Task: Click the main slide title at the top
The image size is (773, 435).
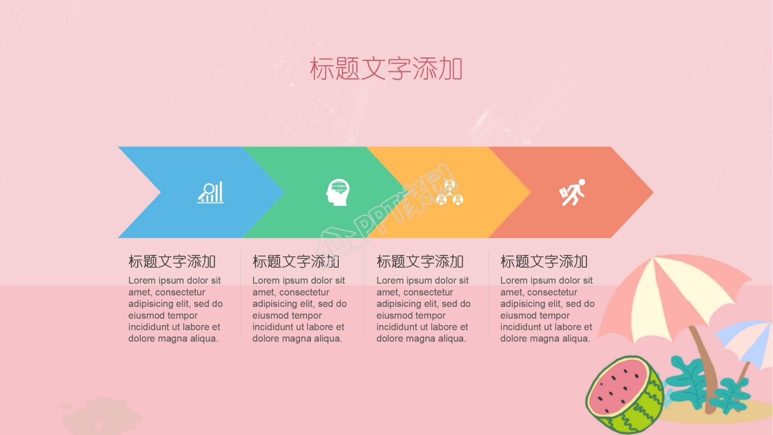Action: (x=386, y=69)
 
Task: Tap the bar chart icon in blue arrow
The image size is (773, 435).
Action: (x=210, y=192)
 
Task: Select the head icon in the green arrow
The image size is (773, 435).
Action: (x=338, y=192)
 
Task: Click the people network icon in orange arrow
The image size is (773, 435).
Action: (x=449, y=192)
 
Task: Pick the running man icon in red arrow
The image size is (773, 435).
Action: (x=573, y=192)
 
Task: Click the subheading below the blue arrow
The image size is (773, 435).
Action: (x=172, y=262)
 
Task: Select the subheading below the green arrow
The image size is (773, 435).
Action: (x=296, y=262)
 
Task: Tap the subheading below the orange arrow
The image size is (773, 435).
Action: (x=420, y=262)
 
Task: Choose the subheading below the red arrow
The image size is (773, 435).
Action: (x=544, y=262)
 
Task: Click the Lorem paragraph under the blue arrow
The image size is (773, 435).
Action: (x=175, y=309)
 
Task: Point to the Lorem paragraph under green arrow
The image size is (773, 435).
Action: (x=300, y=309)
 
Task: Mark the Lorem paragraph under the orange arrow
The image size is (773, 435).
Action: (x=423, y=309)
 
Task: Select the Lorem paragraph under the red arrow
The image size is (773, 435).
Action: (x=547, y=309)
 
